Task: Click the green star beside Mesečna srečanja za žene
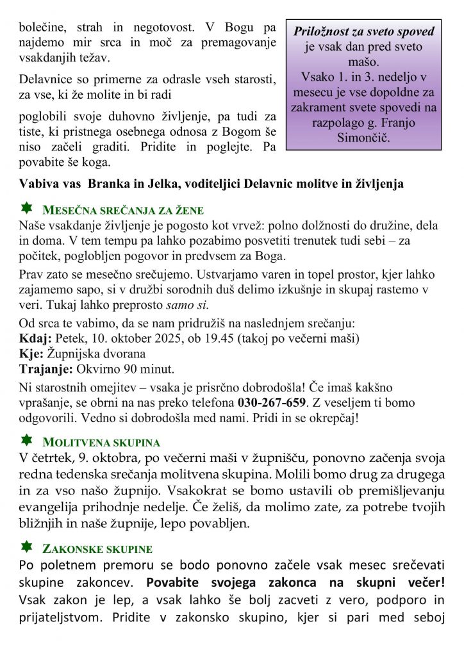(26, 208)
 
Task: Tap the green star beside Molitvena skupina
(26, 440)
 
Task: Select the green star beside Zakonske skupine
(26, 547)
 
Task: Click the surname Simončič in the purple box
(363, 138)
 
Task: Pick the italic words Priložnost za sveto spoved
(364, 31)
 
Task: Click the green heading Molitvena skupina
(101, 443)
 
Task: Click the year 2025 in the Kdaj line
(165, 338)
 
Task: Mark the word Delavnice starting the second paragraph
(46, 81)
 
